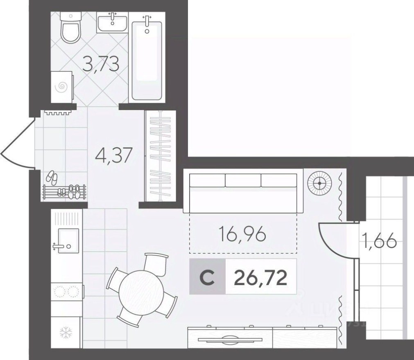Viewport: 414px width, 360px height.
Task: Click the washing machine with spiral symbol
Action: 62,86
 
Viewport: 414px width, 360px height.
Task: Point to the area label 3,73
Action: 101,64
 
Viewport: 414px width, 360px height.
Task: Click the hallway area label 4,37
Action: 114,156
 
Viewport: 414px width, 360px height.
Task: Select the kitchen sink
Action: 68,241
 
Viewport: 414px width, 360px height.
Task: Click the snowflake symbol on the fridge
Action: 66,332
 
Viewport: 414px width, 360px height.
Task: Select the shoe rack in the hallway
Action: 64,191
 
